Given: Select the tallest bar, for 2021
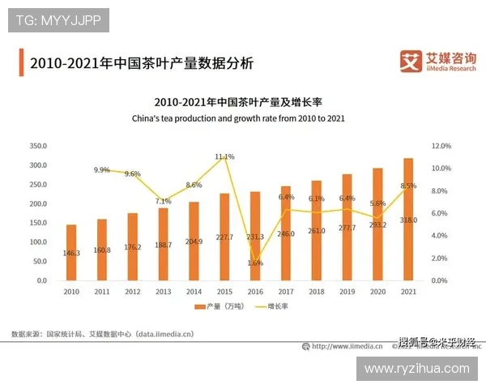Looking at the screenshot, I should pyautogui.click(x=408, y=219).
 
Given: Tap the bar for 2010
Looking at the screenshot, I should pyautogui.click(x=71, y=252).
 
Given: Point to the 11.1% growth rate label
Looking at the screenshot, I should pyautogui.click(x=224, y=156).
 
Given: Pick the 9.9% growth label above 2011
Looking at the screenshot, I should pyautogui.click(x=102, y=170).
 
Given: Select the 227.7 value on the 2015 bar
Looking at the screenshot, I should pyautogui.click(x=224, y=237).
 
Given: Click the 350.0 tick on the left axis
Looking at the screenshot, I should pyautogui.click(x=38, y=146).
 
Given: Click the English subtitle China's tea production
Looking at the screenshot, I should pyautogui.click(x=238, y=118).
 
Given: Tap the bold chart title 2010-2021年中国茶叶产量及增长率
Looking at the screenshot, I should pyautogui.click(x=238, y=103).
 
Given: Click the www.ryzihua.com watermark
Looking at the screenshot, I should pyautogui.click(x=416, y=368).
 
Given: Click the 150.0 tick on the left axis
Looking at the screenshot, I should pyautogui.click(x=38, y=223).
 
